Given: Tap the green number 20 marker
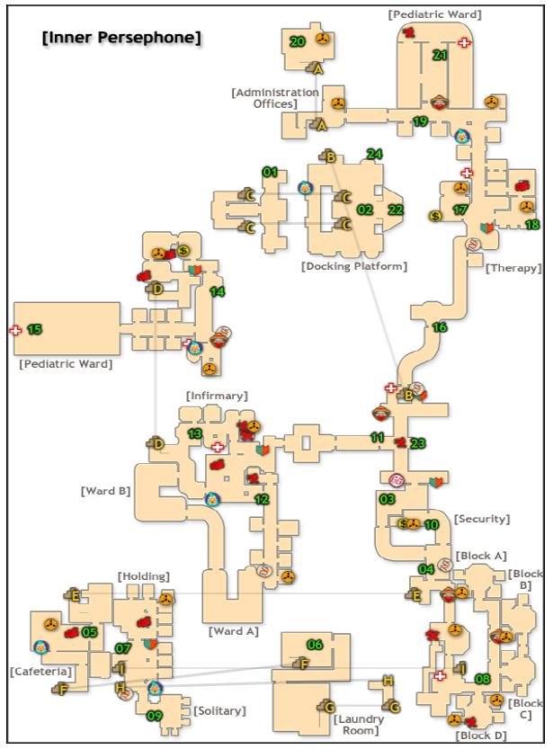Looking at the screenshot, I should click(x=298, y=41).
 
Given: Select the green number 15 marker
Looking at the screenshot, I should click(x=34, y=330).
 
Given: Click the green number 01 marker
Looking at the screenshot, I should click(x=270, y=171).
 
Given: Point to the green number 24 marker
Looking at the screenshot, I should click(x=374, y=154).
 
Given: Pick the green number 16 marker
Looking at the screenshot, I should click(x=440, y=327).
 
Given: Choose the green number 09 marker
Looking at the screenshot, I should click(x=155, y=716).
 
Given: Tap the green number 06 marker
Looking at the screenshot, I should click(x=315, y=645).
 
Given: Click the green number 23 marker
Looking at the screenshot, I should click(x=417, y=443).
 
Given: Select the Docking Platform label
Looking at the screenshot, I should click(x=354, y=266).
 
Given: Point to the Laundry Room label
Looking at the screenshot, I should click(x=360, y=725).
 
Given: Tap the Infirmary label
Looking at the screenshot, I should click(x=217, y=396).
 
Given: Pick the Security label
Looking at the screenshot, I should click(x=482, y=519).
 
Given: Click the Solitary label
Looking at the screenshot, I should click(x=219, y=711).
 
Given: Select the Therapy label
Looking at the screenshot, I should click(x=513, y=268).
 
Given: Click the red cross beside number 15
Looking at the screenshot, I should click(x=15, y=330).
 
